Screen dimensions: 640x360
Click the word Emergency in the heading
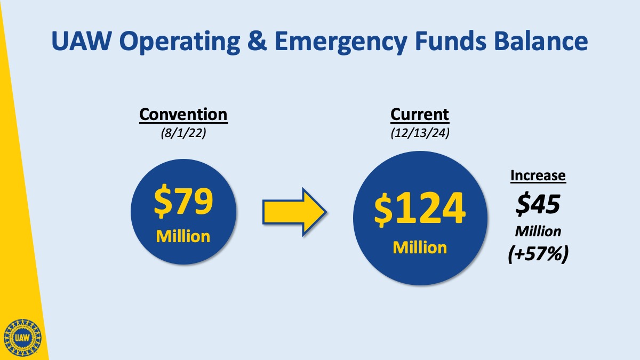pos(341,42)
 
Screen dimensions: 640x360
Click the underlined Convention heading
pos(183,115)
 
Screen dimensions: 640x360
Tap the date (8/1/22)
pos(183,133)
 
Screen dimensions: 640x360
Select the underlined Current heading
pos(420,115)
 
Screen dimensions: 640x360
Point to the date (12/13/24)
pos(420,133)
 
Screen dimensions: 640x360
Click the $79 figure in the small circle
pos(183,201)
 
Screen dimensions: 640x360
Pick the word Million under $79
pos(183,237)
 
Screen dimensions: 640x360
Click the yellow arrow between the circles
pos(294,212)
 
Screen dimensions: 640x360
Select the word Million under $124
pos(420,247)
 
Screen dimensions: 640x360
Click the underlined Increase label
pos(538,175)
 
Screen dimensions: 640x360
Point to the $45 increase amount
pos(538,204)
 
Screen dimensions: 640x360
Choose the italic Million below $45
pos(538,231)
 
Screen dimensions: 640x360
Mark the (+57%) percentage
pos(538,254)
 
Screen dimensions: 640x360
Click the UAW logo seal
pos(22,338)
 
